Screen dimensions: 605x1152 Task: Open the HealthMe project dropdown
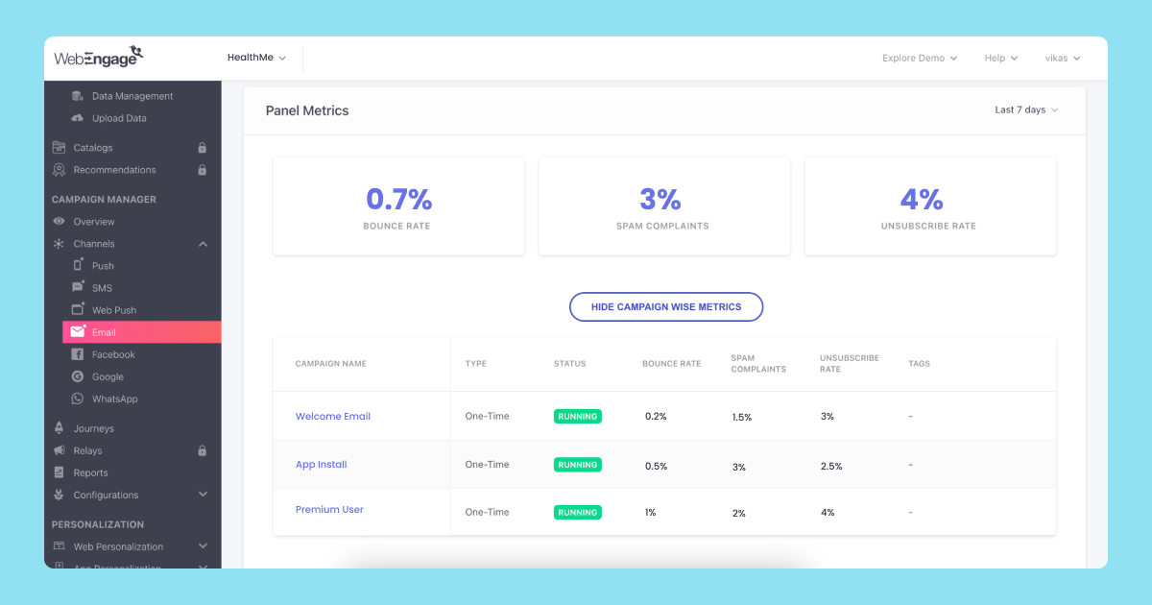point(256,58)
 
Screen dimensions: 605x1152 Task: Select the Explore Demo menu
point(919,59)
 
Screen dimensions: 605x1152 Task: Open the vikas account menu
point(1062,59)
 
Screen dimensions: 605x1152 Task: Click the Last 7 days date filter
point(1025,110)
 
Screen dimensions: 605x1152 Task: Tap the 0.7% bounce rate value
point(398,200)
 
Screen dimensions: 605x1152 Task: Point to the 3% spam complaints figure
point(660,200)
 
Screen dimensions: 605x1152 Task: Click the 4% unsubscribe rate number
point(922,200)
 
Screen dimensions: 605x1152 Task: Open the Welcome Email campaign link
point(332,417)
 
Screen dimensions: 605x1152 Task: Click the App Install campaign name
point(321,465)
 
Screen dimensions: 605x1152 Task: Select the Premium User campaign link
point(329,510)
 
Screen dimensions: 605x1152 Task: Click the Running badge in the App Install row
point(577,465)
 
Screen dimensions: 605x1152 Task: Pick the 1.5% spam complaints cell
point(741,418)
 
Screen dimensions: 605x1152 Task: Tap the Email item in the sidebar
point(104,332)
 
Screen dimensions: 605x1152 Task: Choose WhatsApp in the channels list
point(114,399)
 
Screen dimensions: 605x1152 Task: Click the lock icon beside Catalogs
point(202,148)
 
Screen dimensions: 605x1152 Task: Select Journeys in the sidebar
point(93,429)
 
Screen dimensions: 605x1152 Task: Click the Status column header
point(569,364)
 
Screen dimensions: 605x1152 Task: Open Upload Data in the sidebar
point(119,119)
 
